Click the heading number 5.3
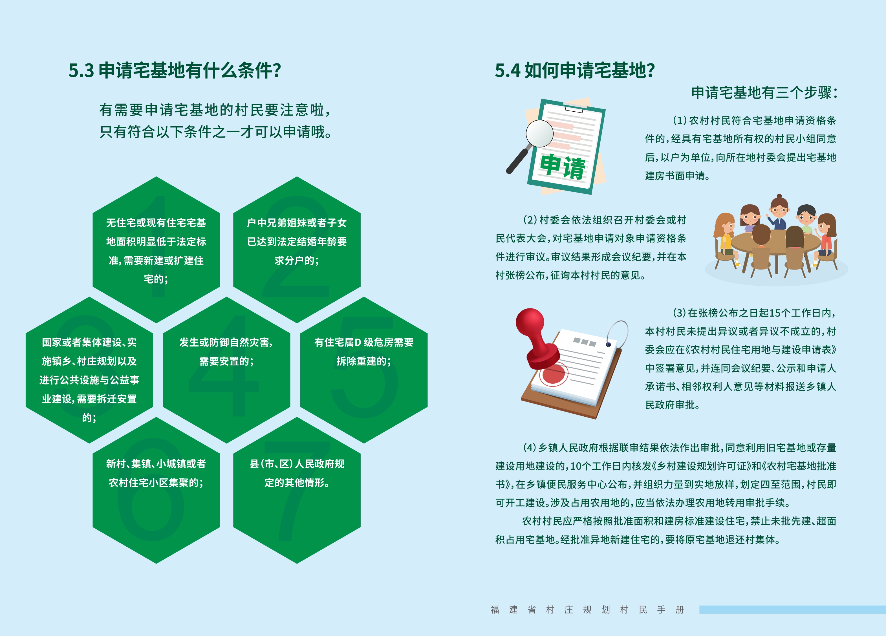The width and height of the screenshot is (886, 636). pyautogui.click(x=81, y=71)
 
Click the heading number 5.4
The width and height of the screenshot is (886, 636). pyautogui.click(x=508, y=71)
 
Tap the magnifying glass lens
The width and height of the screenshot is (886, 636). pyautogui.click(x=539, y=133)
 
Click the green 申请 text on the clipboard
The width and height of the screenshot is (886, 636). pyautogui.click(x=563, y=167)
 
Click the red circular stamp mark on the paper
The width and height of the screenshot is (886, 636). pyautogui.click(x=554, y=374)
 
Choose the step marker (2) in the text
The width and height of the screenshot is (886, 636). pyautogui.click(x=530, y=220)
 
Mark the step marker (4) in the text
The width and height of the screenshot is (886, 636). pyautogui.click(x=530, y=448)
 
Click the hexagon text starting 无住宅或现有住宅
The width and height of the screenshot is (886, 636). pyautogui.click(x=156, y=251)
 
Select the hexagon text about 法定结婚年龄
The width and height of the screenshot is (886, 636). pyautogui.click(x=297, y=241)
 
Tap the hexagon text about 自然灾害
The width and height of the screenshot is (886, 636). pyautogui.click(x=226, y=352)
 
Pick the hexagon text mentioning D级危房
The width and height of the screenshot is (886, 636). pyautogui.click(x=364, y=352)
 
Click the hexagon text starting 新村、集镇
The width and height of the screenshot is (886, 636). pyautogui.click(x=156, y=473)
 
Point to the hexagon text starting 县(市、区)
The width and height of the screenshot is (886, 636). pyautogui.click(x=297, y=473)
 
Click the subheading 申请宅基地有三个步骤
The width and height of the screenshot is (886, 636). pyautogui.click(x=764, y=92)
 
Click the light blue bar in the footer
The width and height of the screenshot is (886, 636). pyautogui.click(x=793, y=609)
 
